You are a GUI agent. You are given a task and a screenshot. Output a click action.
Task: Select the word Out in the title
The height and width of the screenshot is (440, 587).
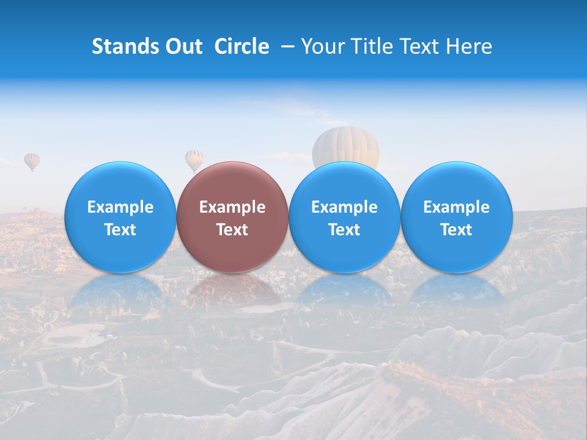182,46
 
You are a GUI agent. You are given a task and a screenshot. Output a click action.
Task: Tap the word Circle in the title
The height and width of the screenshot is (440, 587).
242,46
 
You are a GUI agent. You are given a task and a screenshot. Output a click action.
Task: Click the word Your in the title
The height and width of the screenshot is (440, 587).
320,46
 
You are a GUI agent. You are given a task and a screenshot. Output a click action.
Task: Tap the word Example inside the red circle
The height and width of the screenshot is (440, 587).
232,207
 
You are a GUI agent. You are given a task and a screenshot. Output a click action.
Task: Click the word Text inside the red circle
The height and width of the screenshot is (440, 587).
232,230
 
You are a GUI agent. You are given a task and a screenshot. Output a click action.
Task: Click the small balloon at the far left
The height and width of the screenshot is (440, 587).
32,161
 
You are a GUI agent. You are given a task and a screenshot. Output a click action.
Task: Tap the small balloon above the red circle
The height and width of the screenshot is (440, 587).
194,159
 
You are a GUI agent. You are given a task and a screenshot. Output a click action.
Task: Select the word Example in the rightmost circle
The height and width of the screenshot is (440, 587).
456,207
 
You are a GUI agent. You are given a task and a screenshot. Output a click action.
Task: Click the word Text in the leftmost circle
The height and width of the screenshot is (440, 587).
120,230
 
